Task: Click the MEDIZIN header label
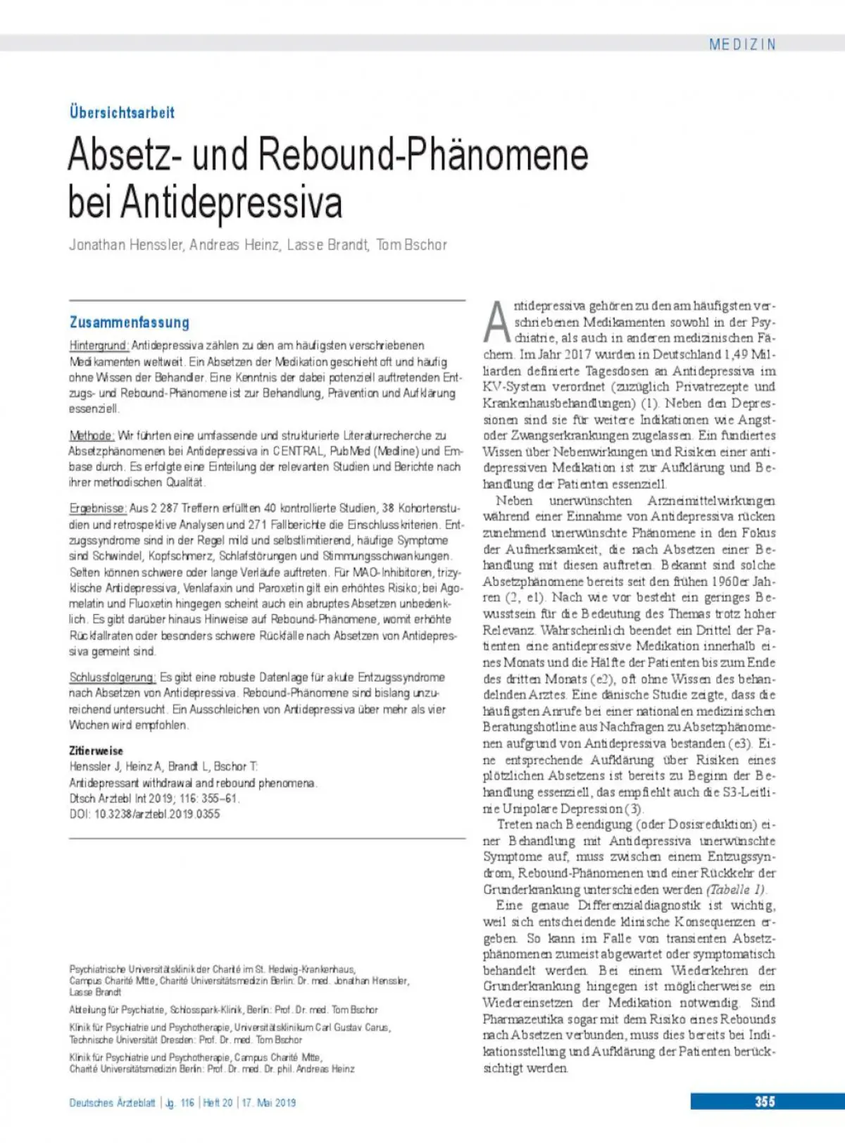pyautogui.click(x=741, y=44)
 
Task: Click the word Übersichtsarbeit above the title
pyautogui.click(x=122, y=112)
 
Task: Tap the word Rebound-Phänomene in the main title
pyautogui.click(x=423, y=154)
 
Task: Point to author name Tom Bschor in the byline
pyautogui.click(x=412, y=245)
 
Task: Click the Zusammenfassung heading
pyautogui.click(x=130, y=323)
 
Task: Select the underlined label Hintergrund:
pyautogui.click(x=99, y=346)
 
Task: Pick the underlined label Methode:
pyautogui.click(x=92, y=435)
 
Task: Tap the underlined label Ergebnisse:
pyautogui.click(x=98, y=508)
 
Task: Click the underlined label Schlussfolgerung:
pyautogui.click(x=113, y=677)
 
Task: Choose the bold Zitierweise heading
pyautogui.click(x=96, y=751)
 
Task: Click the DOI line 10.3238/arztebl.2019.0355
pyautogui.click(x=144, y=814)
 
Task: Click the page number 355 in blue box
pyautogui.click(x=765, y=1102)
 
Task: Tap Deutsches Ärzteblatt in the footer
pyautogui.click(x=112, y=1103)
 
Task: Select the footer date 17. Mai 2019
pyautogui.click(x=269, y=1103)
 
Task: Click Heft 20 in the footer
pyautogui.click(x=218, y=1103)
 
